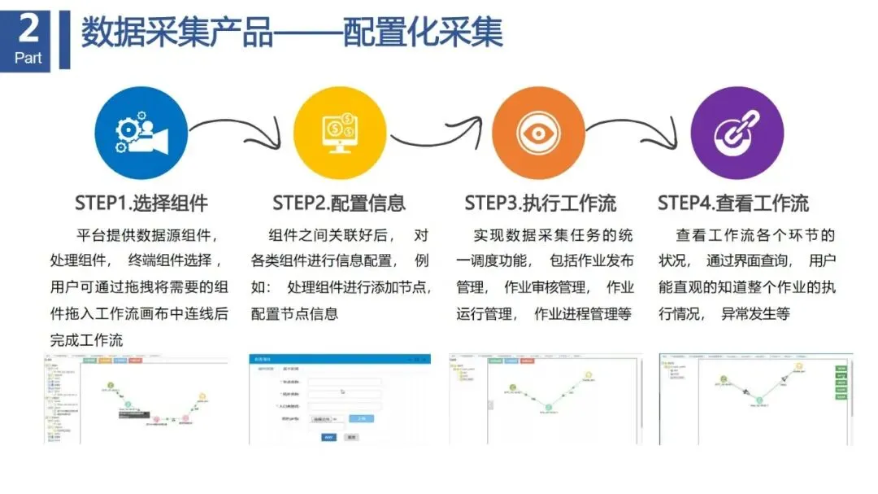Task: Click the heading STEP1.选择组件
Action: point(141,203)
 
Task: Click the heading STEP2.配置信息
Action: point(339,203)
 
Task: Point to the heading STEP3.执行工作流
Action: point(540,203)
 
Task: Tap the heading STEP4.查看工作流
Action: point(733,203)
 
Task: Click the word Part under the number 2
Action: point(28,58)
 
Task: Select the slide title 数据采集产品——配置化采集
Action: point(292,33)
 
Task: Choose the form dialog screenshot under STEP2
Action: point(339,398)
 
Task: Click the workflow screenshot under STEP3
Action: point(545,398)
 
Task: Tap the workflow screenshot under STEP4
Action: point(755,398)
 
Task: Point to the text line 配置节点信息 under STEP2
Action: point(293,313)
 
